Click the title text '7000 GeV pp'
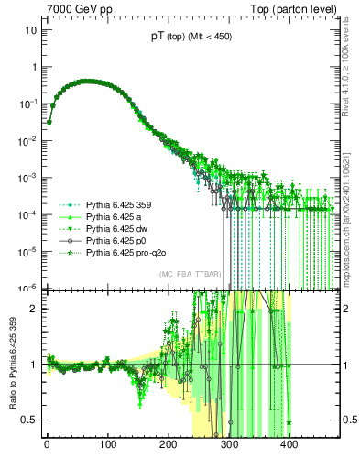(x=76, y=8)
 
